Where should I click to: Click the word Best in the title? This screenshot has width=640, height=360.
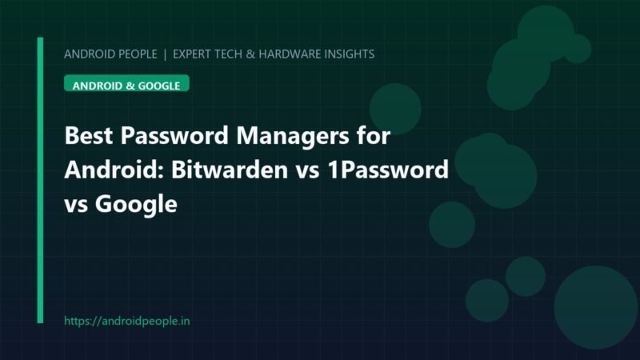click(x=89, y=135)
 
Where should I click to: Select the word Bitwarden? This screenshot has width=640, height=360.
click(x=230, y=170)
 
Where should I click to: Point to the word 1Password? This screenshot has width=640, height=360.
click(x=388, y=170)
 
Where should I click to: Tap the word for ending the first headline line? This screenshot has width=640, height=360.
click(x=374, y=135)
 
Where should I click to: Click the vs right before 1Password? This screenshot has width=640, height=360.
click(x=308, y=172)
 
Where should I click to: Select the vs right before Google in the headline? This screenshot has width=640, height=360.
click(x=76, y=206)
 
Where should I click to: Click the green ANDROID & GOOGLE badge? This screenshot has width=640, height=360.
click(x=126, y=83)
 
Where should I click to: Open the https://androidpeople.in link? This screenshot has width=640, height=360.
click(x=127, y=322)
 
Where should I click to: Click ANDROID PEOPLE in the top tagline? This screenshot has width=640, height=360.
click(x=110, y=54)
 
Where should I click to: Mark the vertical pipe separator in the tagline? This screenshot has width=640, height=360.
click(x=165, y=54)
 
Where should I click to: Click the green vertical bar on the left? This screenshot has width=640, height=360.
click(x=40, y=180)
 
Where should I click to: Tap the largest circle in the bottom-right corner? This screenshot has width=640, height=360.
click(x=595, y=308)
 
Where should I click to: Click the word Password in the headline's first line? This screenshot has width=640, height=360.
click(x=174, y=135)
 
